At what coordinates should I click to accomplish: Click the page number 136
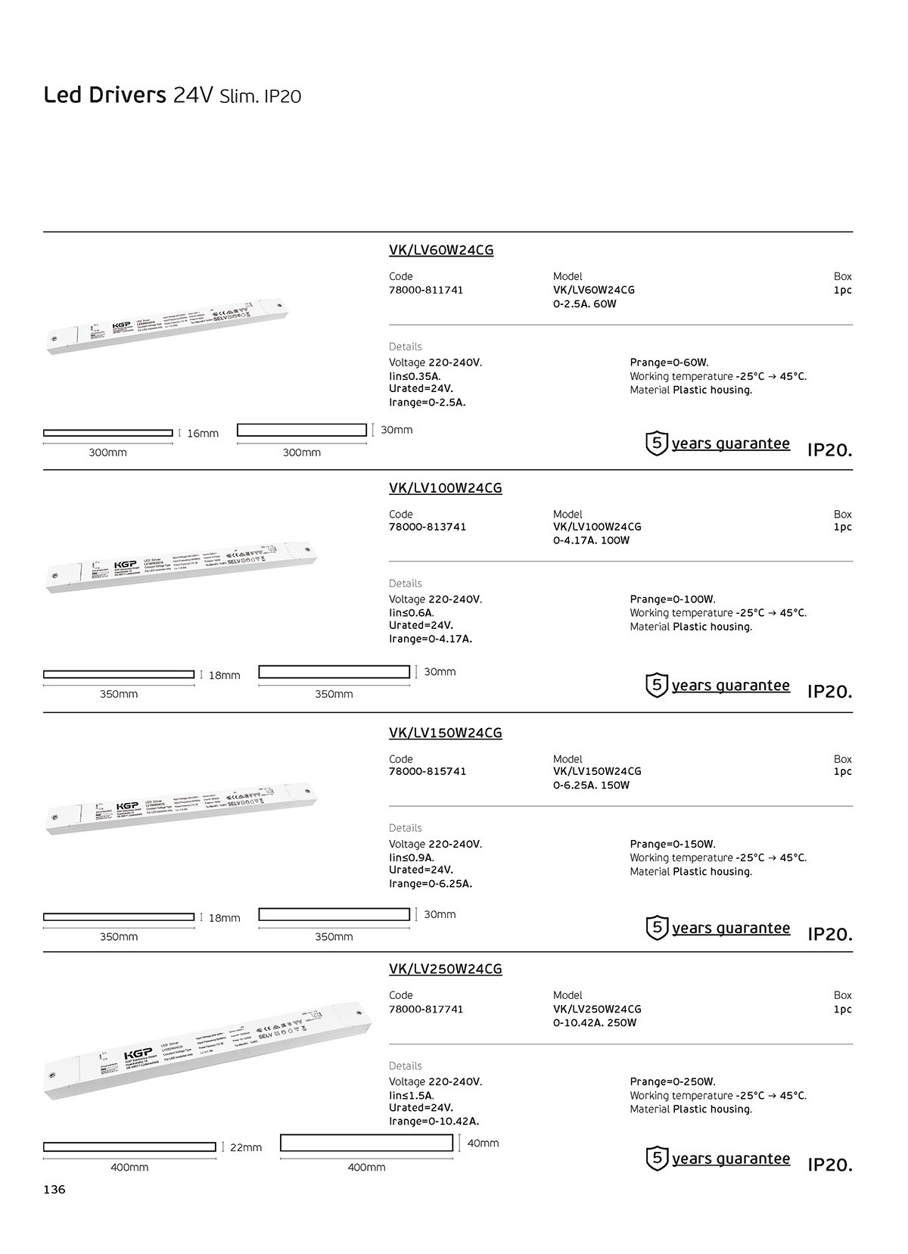(54, 1190)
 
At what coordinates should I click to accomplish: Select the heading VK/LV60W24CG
(441, 250)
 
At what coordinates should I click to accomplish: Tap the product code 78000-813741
(428, 527)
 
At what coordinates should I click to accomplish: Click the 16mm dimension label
(203, 434)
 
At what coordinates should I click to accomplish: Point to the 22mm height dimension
(246, 1147)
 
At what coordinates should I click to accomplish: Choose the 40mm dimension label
(483, 1143)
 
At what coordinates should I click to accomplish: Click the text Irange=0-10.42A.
(434, 1122)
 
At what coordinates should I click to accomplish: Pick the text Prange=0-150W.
(673, 844)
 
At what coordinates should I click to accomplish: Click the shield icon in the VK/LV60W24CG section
(657, 443)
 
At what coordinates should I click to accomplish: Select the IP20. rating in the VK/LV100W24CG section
(829, 691)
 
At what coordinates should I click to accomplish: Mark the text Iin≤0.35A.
(415, 376)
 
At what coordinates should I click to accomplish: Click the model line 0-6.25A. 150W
(591, 785)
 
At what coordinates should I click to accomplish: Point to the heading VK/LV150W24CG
(446, 733)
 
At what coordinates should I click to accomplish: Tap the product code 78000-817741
(426, 1009)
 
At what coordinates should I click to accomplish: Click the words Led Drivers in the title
(104, 95)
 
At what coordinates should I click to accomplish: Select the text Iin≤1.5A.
(412, 1095)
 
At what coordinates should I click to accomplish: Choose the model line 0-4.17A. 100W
(591, 540)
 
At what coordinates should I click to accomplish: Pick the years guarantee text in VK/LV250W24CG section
(730, 1159)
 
